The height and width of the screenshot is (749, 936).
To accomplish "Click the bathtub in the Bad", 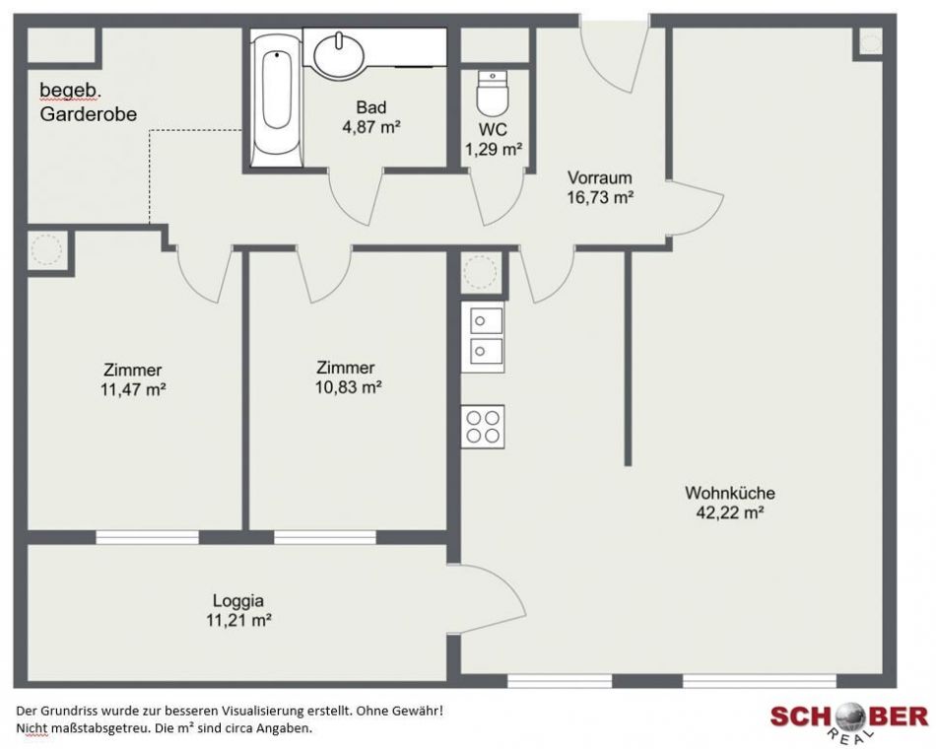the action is [x=277, y=99].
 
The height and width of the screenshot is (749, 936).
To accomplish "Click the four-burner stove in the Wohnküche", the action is [x=483, y=427].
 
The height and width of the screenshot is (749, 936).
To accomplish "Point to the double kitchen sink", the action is [x=483, y=337].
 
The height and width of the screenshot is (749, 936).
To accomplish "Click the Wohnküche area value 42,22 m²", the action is [x=730, y=512].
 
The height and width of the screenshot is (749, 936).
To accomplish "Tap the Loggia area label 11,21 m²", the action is [x=238, y=620].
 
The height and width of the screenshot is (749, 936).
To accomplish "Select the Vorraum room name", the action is [x=599, y=177].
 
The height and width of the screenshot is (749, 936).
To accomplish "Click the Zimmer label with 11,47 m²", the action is [x=133, y=370].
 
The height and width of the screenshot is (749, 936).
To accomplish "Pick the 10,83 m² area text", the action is [x=348, y=387].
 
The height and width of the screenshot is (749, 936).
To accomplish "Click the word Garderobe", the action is [x=89, y=114].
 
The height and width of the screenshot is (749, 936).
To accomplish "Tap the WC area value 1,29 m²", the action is [x=494, y=149].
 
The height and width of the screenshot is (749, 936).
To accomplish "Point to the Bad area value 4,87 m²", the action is [x=371, y=127].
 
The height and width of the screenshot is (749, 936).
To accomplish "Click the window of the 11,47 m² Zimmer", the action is [x=147, y=537].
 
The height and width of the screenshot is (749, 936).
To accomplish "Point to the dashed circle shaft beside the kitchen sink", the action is [x=480, y=273].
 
